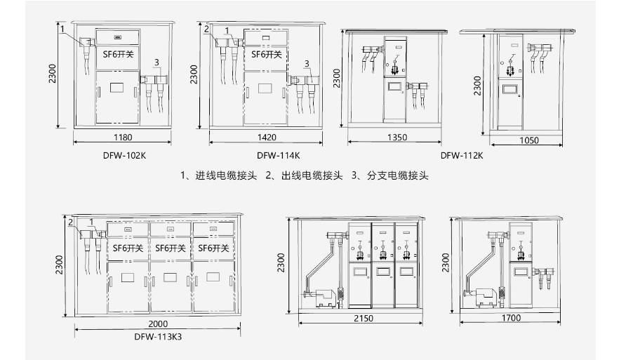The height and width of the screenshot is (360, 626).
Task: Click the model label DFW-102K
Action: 124,156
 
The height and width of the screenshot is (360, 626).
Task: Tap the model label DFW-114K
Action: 278,156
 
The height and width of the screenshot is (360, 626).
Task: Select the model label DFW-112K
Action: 462,156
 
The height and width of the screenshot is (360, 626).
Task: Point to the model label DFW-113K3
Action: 158,337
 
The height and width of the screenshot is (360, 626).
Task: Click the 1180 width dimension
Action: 123,138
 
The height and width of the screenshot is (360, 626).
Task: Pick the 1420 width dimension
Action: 267,138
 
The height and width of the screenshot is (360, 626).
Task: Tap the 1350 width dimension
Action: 397,138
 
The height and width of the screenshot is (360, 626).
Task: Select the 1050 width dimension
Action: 529,140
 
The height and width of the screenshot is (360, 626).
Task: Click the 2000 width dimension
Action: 158,324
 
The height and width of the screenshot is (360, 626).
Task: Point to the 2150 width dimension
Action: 364,319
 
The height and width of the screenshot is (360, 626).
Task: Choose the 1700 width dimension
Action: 512,318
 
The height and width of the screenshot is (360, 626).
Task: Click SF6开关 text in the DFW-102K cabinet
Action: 118,54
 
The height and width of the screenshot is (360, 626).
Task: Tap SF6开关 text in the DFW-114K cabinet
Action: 266,54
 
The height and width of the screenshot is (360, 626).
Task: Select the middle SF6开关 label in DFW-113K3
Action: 171,248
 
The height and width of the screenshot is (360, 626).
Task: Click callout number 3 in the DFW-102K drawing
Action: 156,62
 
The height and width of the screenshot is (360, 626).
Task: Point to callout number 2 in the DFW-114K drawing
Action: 206,29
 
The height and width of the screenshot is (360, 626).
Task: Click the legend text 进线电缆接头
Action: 226,175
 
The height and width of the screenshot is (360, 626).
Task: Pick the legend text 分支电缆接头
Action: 398,175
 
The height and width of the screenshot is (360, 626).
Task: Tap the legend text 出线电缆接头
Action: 312,175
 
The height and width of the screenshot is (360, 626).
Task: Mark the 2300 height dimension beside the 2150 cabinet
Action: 281,262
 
